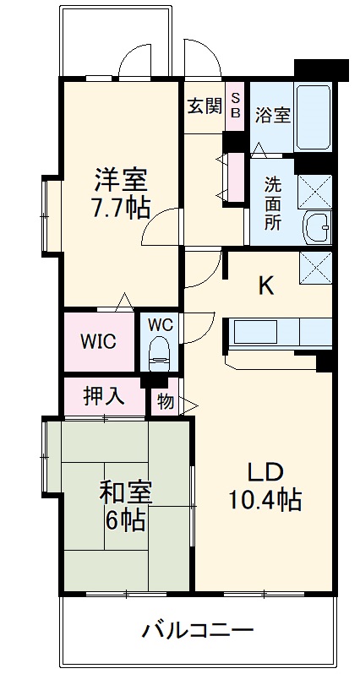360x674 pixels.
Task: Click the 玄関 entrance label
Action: (x=204, y=106)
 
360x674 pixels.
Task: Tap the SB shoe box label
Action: (x=236, y=105)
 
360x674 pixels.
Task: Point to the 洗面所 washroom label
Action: (x=272, y=203)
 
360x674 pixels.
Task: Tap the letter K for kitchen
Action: (x=265, y=285)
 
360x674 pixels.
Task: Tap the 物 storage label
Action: (x=166, y=402)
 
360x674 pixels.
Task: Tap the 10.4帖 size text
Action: (x=265, y=500)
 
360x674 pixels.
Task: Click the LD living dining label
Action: (x=265, y=470)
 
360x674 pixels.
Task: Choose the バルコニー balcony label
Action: (x=197, y=629)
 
